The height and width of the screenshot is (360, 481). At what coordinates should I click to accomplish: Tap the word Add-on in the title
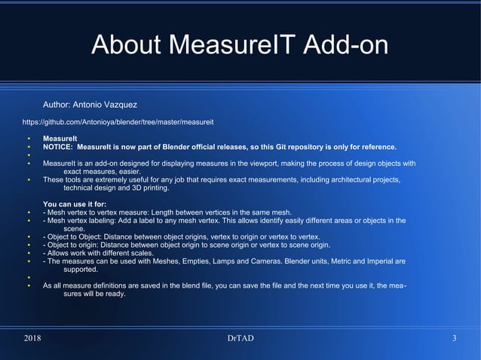[x=345, y=45]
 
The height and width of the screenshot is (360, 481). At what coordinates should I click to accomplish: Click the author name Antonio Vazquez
[x=105, y=104]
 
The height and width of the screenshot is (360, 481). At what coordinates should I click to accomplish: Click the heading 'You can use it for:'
[x=75, y=204]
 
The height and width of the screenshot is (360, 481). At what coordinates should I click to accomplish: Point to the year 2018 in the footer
[x=32, y=338]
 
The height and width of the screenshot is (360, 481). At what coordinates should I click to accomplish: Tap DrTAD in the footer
[x=240, y=338]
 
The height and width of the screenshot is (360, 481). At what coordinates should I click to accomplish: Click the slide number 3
[x=454, y=338]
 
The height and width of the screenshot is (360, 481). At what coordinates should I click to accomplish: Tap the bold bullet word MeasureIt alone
[x=60, y=139]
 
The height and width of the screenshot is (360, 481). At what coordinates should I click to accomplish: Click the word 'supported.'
[x=81, y=269]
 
